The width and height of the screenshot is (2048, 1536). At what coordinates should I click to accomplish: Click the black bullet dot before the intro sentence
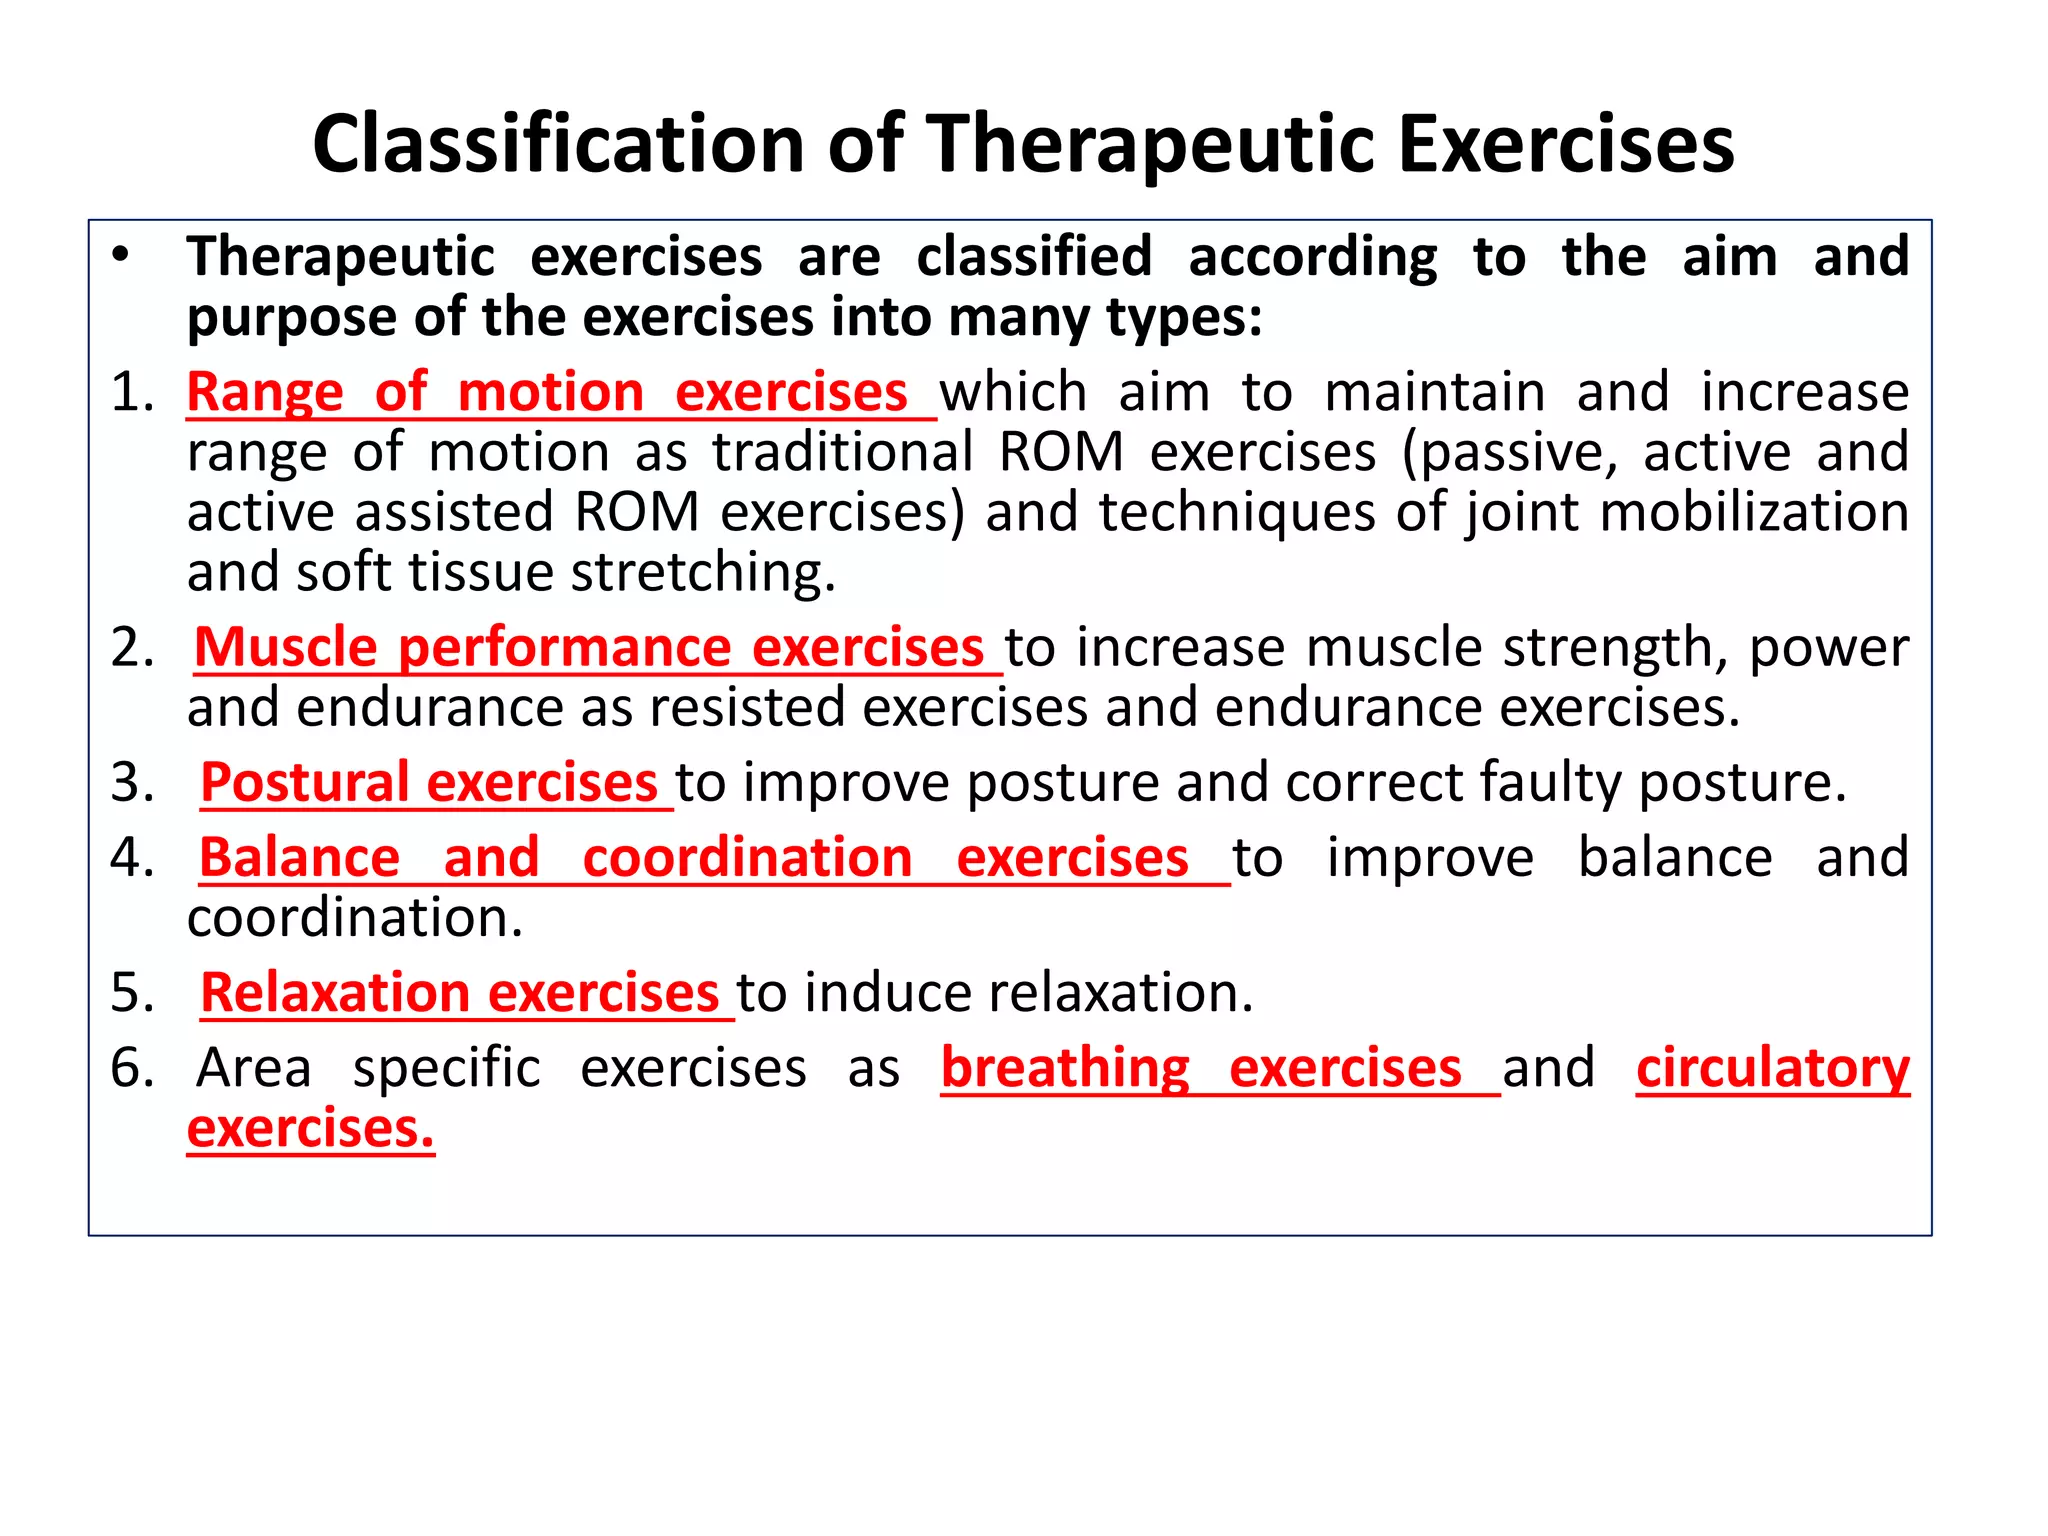(121, 256)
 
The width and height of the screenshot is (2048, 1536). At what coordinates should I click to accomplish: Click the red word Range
(265, 392)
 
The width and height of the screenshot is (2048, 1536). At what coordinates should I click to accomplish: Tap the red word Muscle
(285, 647)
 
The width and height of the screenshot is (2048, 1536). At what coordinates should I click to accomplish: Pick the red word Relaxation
(335, 993)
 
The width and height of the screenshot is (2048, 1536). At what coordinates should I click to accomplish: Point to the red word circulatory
(1773, 1068)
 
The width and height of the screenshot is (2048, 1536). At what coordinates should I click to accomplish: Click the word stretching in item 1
(703, 573)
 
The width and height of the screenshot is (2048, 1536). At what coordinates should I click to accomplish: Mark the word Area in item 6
(254, 1068)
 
